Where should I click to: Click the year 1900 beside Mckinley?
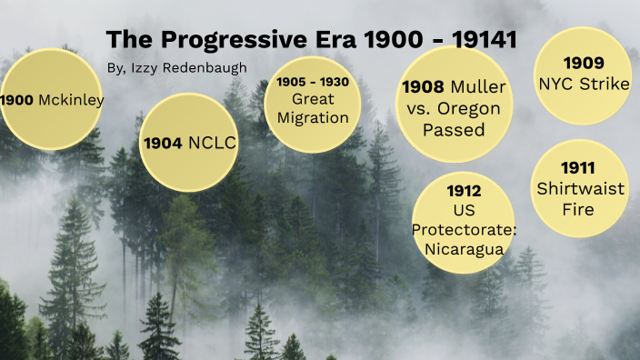click(x=18, y=100)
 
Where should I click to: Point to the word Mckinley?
click(x=71, y=100)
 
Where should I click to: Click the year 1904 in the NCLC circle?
click(x=163, y=143)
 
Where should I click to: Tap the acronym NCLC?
click(x=212, y=143)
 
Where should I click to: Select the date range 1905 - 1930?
click(x=311, y=83)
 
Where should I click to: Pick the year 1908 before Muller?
click(x=423, y=87)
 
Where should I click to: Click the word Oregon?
click(x=472, y=108)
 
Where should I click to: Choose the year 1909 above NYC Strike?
click(x=583, y=64)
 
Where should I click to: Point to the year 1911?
click(x=578, y=168)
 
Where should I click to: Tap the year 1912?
click(x=464, y=191)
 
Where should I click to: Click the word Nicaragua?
click(x=464, y=247)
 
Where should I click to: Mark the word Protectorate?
click(x=464, y=228)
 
